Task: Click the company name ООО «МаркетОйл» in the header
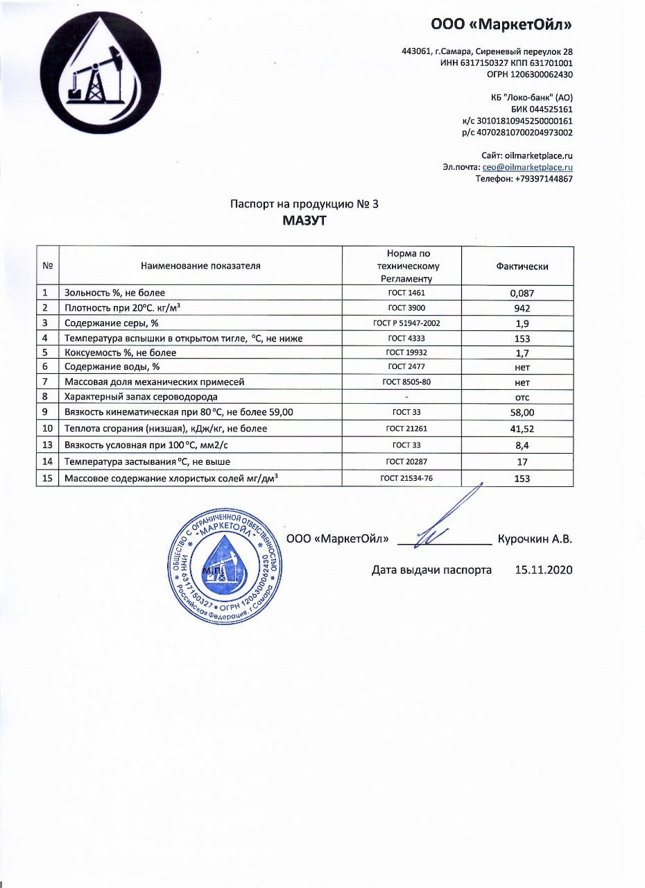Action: pyautogui.click(x=501, y=25)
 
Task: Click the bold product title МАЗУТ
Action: pyautogui.click(x=304, y=221)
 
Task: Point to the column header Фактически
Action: pyautogui.click(x=522, y=266)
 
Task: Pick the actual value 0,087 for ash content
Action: pyautogui.click(x=522, y=293)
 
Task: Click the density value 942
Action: pyautogui.click(x=522, y=308)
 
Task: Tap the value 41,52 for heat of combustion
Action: pyautogui.click(x=522, y=429)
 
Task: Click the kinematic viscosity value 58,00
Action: pyautogui.click(x=522, y=413)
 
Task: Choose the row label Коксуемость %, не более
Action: pyautogui.click(x=120, y=353)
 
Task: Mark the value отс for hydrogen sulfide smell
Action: pyautogui.click(x=522, y=397)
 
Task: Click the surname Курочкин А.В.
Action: pyautogui.click(x=534, y=540)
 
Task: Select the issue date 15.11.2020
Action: pyautogui.click(x=544, y=570)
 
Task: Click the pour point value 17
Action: pyautogui.click(x=522, y=462)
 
